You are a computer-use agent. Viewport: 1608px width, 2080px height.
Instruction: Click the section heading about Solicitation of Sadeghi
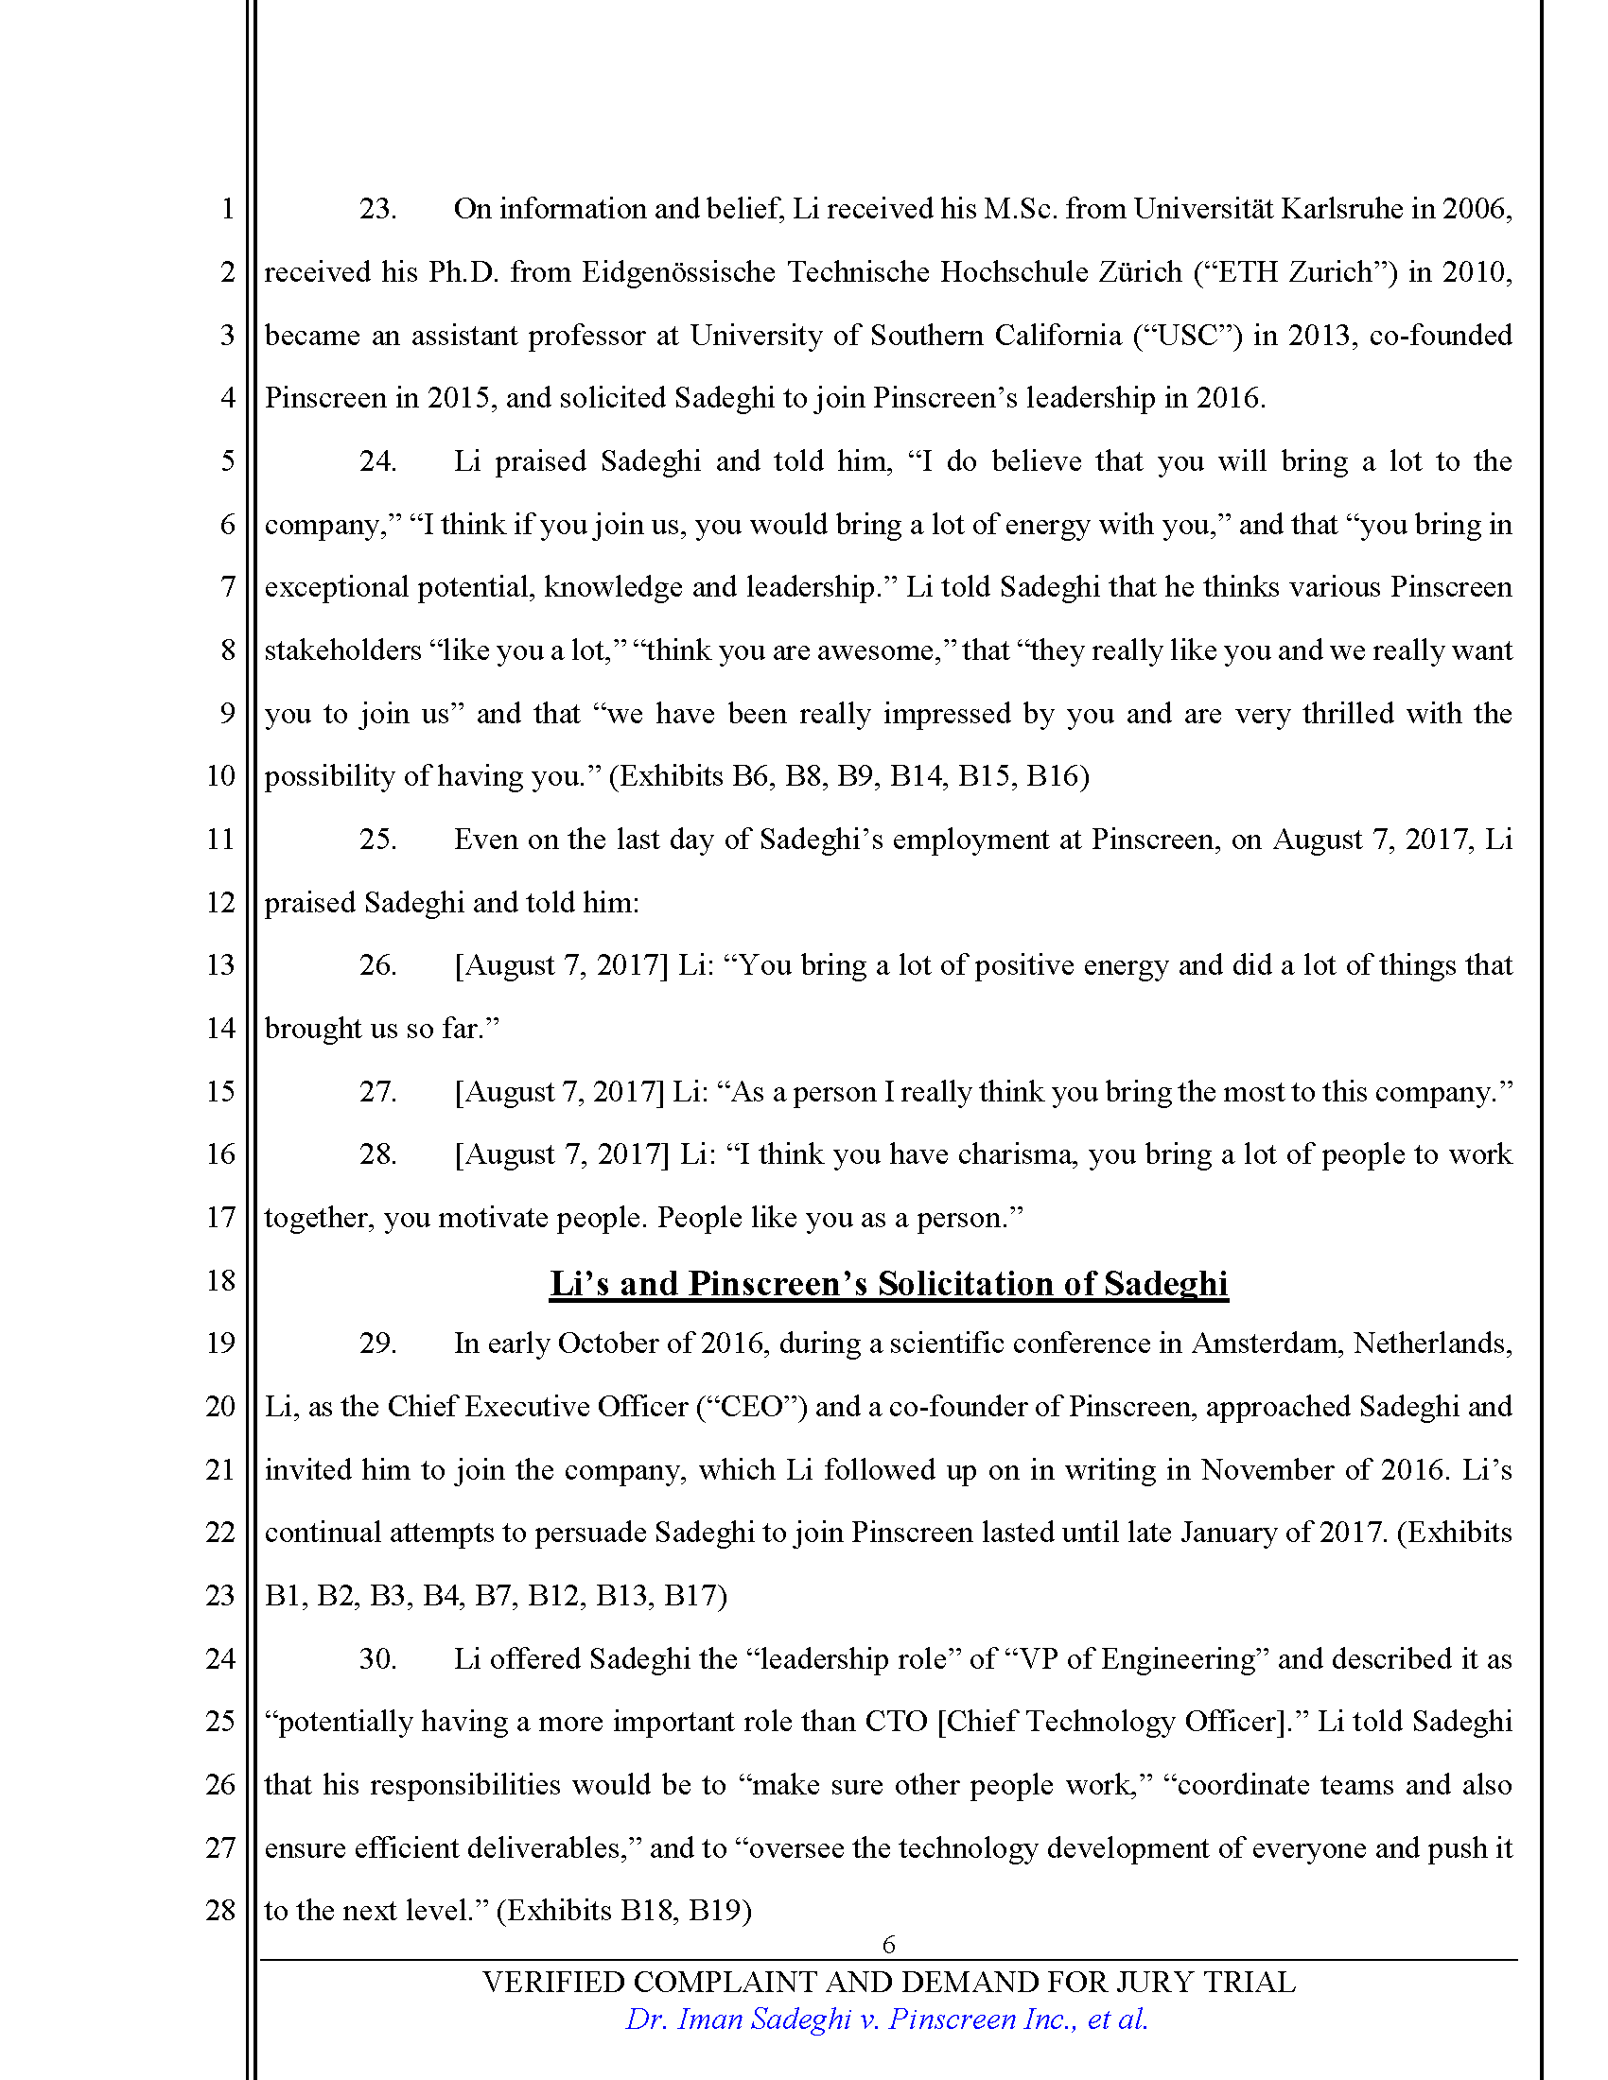(888, 1283)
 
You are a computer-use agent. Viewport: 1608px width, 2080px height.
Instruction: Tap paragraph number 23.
(377, 209)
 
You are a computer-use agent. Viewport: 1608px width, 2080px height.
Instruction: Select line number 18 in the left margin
(220, 1280)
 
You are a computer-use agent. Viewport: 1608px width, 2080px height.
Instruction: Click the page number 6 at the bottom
(888, 1944)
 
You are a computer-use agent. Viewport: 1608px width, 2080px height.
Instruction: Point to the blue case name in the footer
(886, 2019)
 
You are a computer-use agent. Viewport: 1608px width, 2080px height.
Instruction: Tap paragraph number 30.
(377, 1658)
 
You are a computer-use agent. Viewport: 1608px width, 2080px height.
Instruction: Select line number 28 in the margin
(220, 1910)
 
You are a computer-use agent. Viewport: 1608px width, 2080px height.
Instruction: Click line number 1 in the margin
(227, 209)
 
